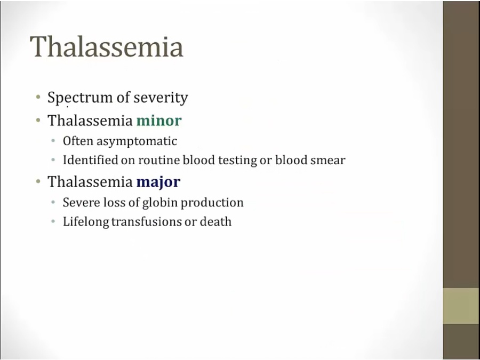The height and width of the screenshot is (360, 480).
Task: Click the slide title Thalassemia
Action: tap(107, 46)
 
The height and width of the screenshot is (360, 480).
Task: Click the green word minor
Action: tap(159, 121)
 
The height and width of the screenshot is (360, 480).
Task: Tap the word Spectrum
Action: tap(80, 98)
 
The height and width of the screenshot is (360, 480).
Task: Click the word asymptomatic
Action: tap(137, 142)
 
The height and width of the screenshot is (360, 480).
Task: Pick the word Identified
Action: tap(90, 160)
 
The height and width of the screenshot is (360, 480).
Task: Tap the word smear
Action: tap(327, 161)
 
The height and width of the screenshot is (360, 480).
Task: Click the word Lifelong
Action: tap(86, 222)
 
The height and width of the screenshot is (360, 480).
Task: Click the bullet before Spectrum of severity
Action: tap(38, 98)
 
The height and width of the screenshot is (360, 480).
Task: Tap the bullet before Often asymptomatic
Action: tap(53, 141)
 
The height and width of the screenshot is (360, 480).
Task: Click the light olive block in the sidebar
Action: tap(461, 306)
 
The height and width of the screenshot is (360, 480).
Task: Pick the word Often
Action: tap(78, 141)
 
